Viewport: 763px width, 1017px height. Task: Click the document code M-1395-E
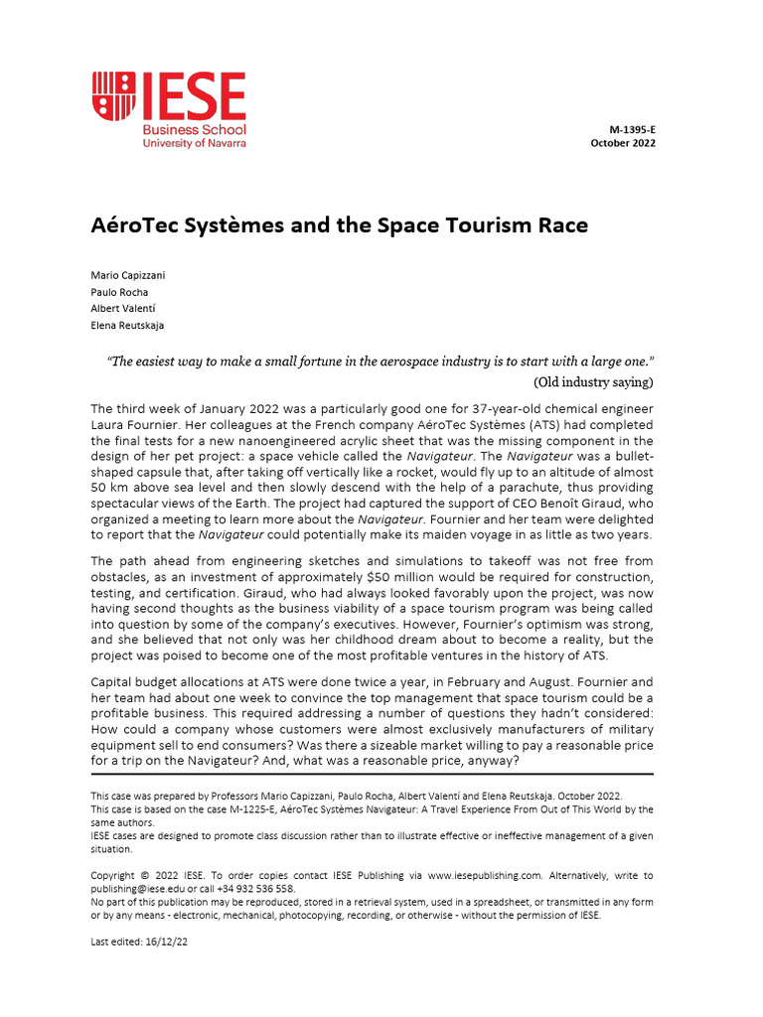pos(632,130)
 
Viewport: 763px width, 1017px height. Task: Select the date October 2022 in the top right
pos(623,143)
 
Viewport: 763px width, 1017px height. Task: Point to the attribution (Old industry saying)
pos(593,381)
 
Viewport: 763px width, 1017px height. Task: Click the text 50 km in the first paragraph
pos(107,488)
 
